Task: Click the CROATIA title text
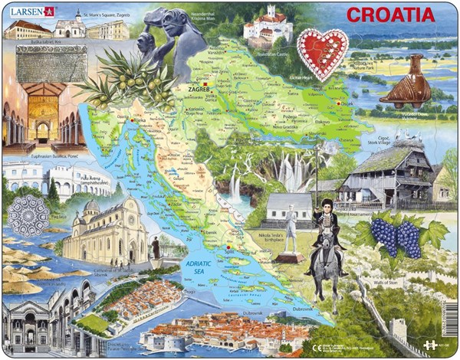pos(390,15)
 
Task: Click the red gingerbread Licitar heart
pos(322,52)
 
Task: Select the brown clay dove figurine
pos(406,83)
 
